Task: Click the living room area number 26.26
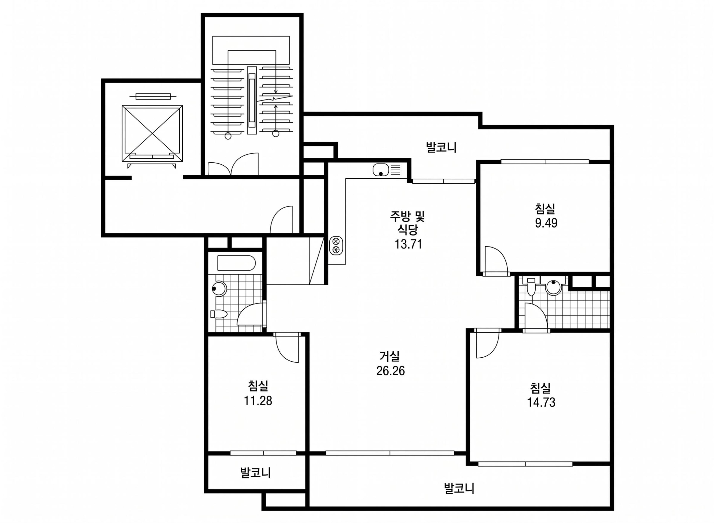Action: click(390, 370)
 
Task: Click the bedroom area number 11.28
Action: click(258, 401)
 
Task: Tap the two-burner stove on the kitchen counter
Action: click(336, 245)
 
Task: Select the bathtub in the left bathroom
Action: click(236, 263)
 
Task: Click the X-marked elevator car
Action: click(152, 134)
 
